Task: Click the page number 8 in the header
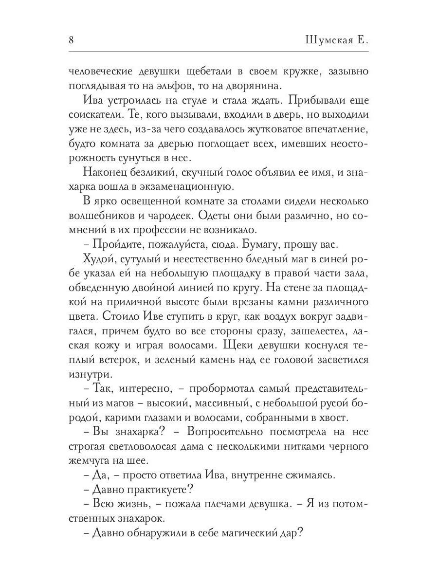(x=72, y=40)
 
